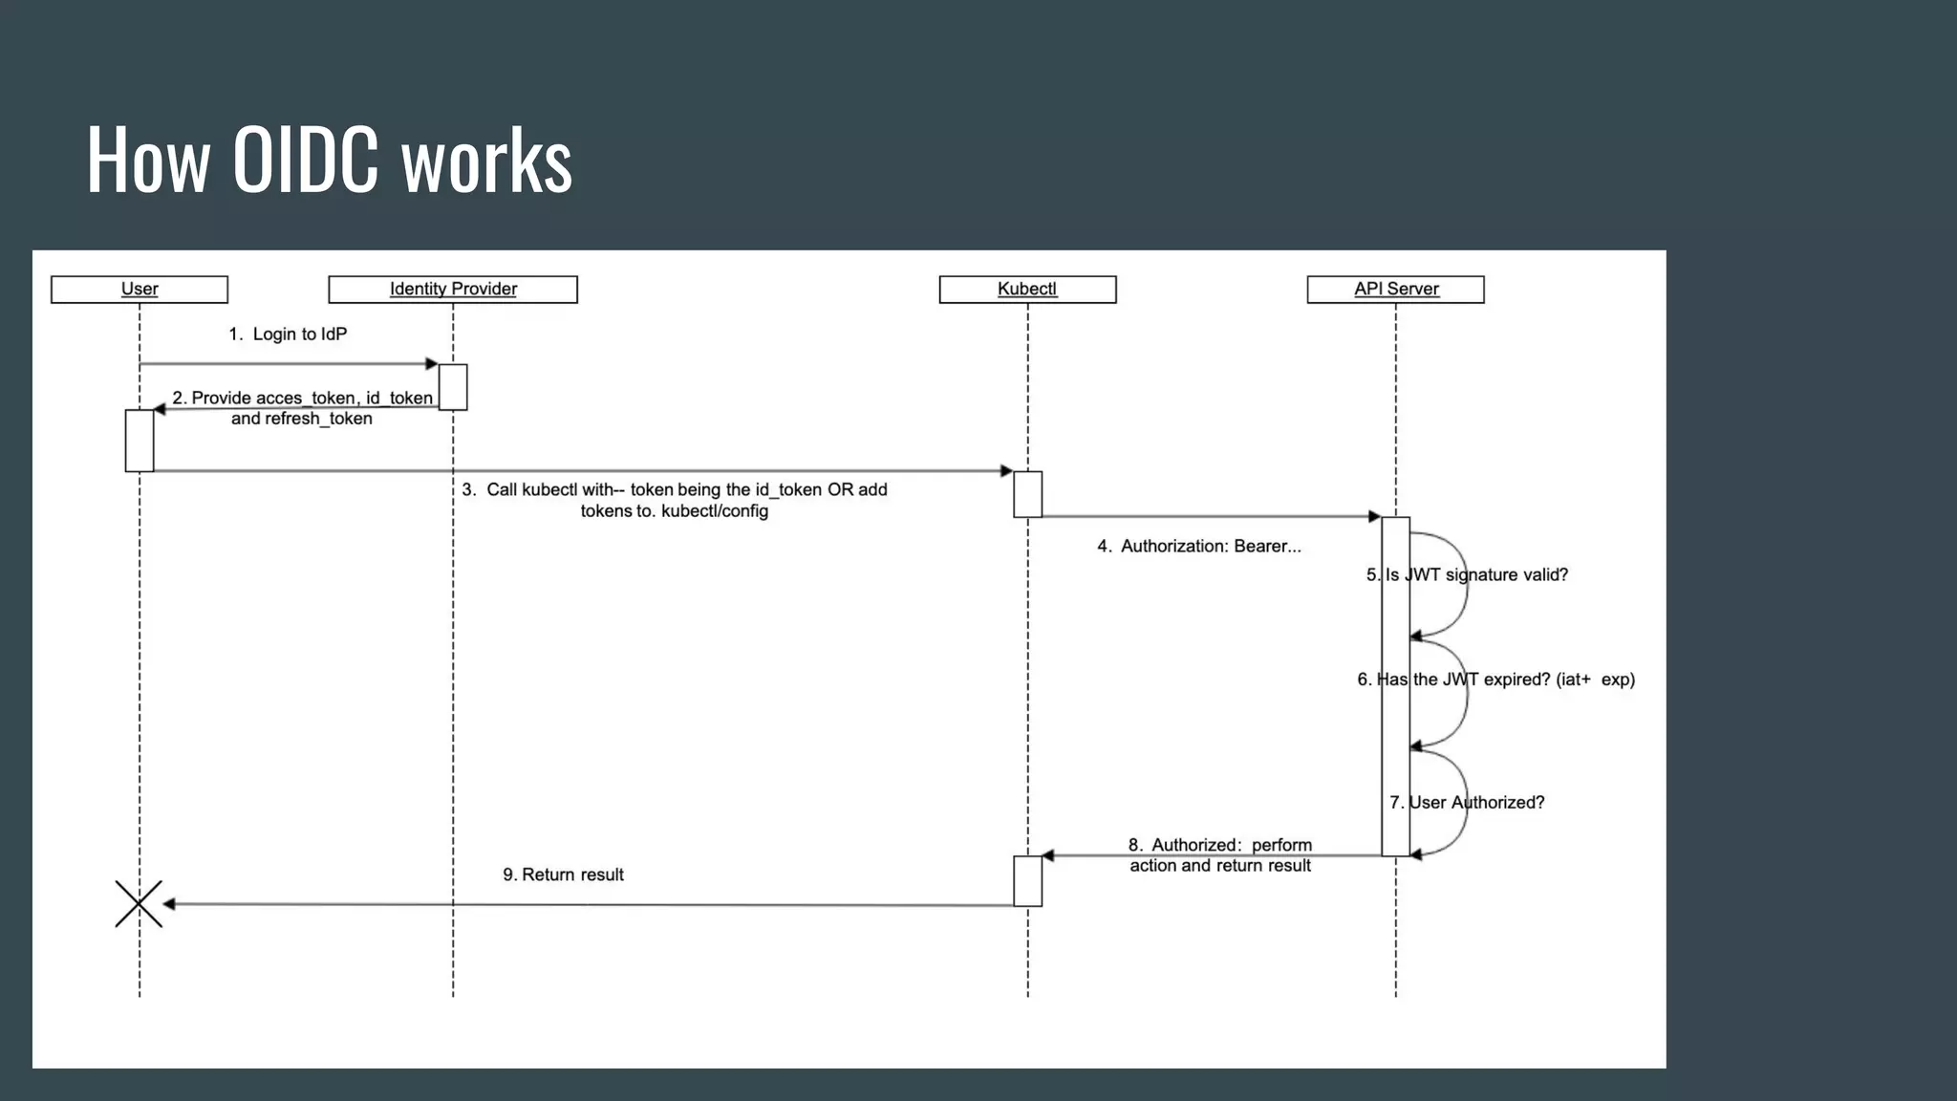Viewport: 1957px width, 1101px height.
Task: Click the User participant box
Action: (x=140, y=290)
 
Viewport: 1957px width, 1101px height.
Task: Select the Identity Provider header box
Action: (x=453, y=290)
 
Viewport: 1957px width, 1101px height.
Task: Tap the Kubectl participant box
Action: (x=1027, y=290)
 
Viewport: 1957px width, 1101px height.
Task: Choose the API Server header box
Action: (x=1395, y=290)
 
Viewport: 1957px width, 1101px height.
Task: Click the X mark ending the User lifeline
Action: (x=139, y=904)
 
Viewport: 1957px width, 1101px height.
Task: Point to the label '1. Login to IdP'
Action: (x=288, y=335)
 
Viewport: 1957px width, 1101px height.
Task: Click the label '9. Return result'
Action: (x=563, y=874)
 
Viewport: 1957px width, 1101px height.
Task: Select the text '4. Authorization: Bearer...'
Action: (x=1199, y=547)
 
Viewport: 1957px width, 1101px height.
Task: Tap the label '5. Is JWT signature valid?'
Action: (x=1467, y=575)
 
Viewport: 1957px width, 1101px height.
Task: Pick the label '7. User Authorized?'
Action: (x=1467, y=803)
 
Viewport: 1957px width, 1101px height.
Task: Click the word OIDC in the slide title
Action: (x=305, y=161)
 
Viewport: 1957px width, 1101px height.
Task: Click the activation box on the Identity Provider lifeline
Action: (x=453, y=387)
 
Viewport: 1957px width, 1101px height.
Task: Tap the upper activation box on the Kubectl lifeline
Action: (x=1027, y=494)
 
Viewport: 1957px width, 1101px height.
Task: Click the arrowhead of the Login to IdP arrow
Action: (x=432, y=364)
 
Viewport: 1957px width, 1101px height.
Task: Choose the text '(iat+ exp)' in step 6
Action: (x=1595, y=680)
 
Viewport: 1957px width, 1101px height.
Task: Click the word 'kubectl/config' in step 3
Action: (x=715, y=511)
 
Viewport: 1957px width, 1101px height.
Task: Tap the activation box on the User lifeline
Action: (x=140, y=441)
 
